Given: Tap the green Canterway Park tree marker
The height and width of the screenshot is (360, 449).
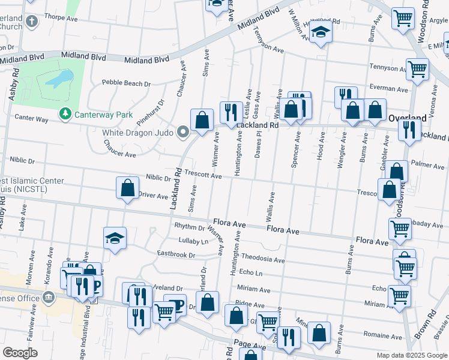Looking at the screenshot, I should (x=64, y=113).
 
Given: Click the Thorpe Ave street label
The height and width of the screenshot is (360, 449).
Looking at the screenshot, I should (x=61, y=19).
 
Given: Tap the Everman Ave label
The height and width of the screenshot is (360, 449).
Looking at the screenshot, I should (x=388, y=88).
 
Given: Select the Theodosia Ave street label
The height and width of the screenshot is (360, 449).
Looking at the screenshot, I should (x=262, y=259).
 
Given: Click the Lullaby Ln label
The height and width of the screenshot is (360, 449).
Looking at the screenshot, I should (x=193, y=241).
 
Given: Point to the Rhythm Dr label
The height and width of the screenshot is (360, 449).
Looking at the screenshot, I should (x=189, y=226).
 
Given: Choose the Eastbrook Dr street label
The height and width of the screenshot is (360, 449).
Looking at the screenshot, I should (x=176, y=255).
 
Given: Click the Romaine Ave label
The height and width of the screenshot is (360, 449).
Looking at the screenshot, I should (x=382, y=336).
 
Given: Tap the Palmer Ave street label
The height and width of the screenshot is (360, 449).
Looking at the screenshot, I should (x=427, y=163).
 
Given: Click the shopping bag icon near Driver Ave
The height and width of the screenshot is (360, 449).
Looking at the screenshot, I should (x=128, y=189).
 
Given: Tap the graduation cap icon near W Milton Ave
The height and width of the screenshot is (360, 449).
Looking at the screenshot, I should (x=321, y=34).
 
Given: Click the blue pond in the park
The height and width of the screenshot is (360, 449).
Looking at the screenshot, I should (x=60, y=79).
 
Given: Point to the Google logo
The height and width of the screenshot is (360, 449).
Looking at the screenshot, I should (x=20, y=353).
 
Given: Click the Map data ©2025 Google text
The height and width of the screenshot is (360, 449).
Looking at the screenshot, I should (x=411, y=355).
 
